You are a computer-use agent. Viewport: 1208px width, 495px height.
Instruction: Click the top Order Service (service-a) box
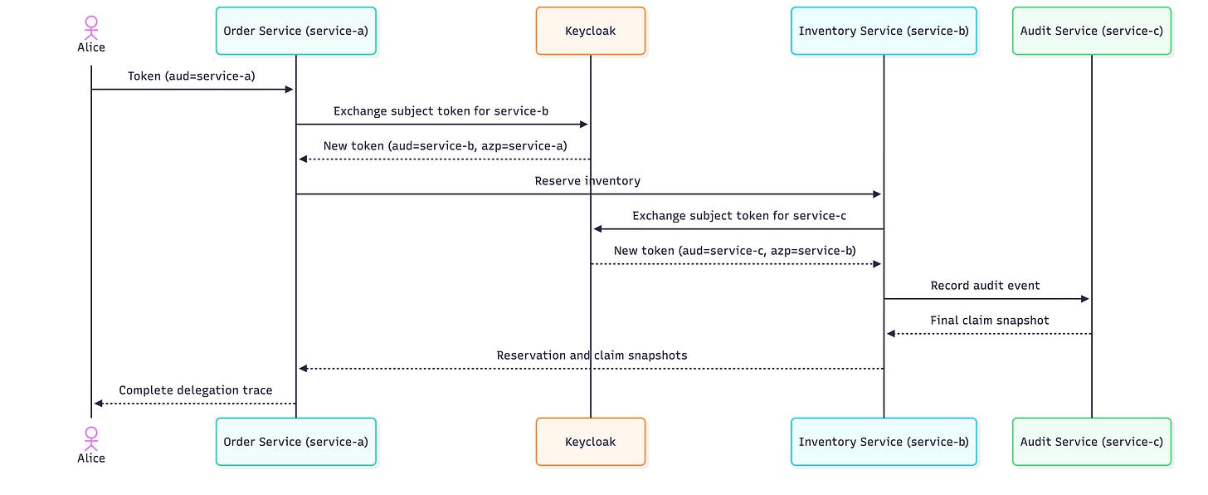point(295,31)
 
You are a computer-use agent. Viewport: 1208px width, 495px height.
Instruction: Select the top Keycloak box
point(591,31)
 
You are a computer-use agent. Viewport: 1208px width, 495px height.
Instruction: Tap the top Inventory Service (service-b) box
point(884,31)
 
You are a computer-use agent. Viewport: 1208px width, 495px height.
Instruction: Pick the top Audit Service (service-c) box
point(1092,31)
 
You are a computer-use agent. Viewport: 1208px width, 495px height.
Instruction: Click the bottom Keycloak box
point(591,442)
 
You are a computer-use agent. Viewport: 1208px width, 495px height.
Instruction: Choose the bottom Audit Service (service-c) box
point(1092,442)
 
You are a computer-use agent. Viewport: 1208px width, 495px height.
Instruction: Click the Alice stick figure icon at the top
point(91,27)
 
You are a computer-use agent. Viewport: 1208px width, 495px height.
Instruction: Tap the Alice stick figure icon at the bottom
point(91,439)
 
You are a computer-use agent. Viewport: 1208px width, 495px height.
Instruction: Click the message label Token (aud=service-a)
point(192,76)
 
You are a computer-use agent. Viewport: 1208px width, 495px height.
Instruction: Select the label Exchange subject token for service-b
point(441,111)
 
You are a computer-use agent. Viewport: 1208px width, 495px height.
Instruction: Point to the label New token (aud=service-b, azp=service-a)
point(445,145)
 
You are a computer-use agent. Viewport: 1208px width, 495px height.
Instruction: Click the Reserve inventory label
point(587,181)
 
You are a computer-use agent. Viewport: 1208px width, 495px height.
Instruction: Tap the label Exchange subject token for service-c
point(738,216)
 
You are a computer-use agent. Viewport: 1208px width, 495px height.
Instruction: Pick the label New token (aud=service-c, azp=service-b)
point(734,251)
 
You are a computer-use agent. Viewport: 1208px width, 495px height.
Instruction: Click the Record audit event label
point(985,286)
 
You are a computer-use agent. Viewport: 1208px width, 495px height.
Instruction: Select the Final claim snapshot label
point(989,321)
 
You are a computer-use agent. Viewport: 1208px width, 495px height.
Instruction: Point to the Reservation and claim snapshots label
point(592,355)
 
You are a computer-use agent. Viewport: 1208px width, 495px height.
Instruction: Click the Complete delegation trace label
point(195,390)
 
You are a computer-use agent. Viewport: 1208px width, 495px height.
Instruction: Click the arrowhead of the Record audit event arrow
point(1085,298)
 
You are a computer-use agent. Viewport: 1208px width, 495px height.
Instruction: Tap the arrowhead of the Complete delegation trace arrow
point(98,404)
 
